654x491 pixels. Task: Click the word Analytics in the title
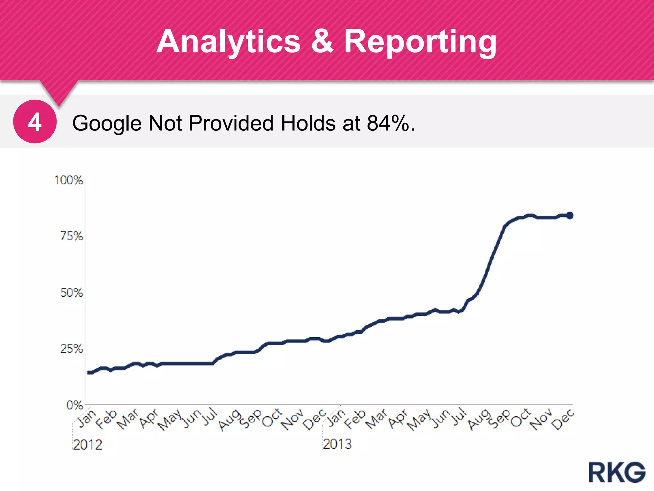point(229,42)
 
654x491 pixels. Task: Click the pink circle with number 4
point(35,122)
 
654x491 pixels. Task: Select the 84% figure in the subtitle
point(387,123)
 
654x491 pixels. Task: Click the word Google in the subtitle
point(107,124)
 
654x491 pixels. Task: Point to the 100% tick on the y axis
point(69,180)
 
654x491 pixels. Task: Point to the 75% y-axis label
point(72,237)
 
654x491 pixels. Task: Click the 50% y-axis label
point(72,293)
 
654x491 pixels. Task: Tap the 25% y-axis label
point(72,349)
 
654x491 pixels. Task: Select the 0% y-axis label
point(74,405)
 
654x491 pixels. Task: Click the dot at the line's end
point(569,215)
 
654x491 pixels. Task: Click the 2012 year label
point(87,445)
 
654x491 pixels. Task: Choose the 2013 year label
point(337,444)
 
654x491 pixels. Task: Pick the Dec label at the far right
point(563,419)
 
